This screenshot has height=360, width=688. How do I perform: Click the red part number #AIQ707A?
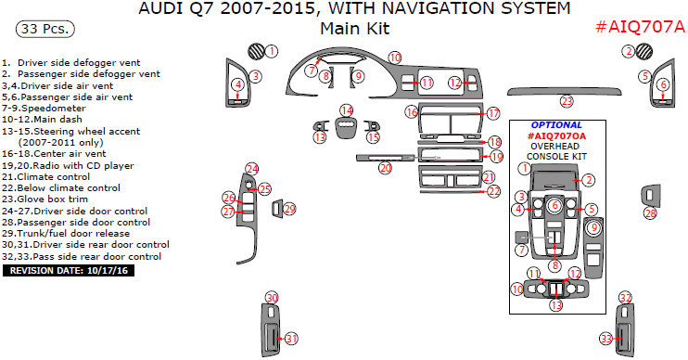(640, 27)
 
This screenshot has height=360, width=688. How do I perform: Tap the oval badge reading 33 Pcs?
(45, 29)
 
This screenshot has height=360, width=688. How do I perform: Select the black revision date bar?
(69, 270)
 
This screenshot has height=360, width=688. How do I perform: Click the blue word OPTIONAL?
(556, 125)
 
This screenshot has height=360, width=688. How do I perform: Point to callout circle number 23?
(567, 101)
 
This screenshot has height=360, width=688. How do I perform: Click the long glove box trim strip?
(565, 92)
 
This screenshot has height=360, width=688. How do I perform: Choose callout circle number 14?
(347, 110)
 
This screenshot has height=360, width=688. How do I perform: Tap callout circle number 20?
(385, 168)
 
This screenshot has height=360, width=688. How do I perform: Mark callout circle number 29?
(289, 209)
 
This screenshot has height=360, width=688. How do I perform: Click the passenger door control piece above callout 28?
(651, 196)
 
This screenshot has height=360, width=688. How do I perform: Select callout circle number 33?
(606, 339)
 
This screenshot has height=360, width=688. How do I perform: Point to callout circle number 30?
(272, 298)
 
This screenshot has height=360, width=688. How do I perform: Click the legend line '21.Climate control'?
(46, 177)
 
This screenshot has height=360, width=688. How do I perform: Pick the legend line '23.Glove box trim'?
(45, 199)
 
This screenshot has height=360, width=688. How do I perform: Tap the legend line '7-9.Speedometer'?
(44, 109)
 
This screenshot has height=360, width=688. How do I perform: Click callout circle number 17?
(493, 114)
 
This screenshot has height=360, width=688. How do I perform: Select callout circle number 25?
(264, 189)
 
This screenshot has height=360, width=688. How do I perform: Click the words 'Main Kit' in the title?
(354, 29)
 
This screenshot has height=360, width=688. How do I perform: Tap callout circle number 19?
(496, 156)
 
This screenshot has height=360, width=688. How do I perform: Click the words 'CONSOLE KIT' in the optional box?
(556, 156)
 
